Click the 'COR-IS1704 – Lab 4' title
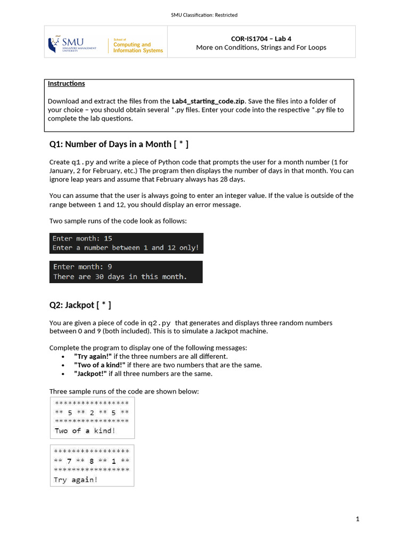(x=261, y=38)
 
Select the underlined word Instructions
(x=66, y=84)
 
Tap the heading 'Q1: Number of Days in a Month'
(x=118, y=144)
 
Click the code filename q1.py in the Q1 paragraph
(x=83, y=162)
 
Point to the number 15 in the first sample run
(x=108, y=238)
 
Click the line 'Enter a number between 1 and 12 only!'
(x=126, y=248)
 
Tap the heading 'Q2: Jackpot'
(x=80, y=305)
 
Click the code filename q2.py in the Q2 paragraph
(x=159, y=323)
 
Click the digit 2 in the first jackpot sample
(x=92, y=413)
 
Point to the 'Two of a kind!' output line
(x=85, y=431)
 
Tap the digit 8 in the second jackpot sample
(x=92, y=461)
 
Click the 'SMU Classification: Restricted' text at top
(x=204, y=15)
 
